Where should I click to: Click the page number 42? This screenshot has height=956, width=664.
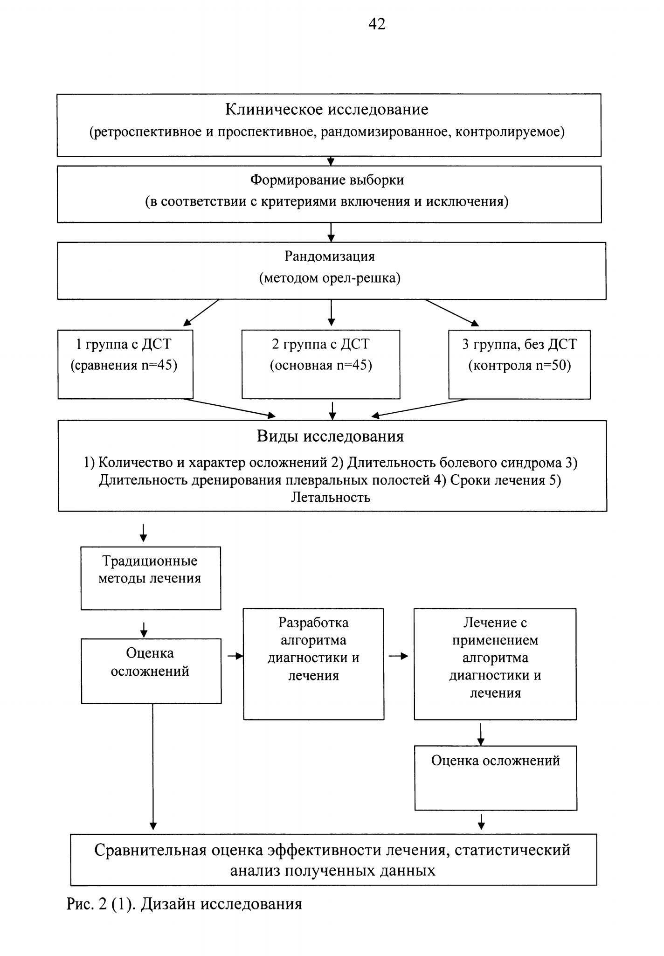[377, 24]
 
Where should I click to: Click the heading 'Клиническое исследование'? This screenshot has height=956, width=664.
[327, 110]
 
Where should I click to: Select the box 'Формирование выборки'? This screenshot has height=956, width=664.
[329, 194]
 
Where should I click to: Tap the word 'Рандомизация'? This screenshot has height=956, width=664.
[330, 256]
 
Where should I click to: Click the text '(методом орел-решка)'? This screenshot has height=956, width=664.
[330, 278]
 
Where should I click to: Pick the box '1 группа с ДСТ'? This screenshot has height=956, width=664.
[125, 364]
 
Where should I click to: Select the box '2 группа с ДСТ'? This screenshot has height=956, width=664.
[321, 364]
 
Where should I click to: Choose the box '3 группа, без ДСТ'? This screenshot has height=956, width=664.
[519, 364]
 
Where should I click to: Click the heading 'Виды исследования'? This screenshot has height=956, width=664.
[330, 436]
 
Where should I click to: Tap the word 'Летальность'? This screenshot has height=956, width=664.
[331, 497]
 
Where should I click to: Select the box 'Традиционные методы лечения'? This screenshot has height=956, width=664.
[151, 578]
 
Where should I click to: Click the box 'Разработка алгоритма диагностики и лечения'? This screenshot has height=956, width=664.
[314, 664]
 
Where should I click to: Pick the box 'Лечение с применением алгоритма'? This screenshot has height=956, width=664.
[495, 664]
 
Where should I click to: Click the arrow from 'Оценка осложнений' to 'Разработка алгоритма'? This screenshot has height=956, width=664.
[235, 656]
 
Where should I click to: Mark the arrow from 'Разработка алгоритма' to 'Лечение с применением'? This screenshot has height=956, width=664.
[399, 656]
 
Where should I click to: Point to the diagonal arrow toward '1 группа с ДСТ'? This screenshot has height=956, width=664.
[201, 312]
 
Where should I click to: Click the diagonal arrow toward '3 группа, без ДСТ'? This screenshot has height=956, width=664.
[452, 312]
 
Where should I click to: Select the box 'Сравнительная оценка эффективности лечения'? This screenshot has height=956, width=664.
[333, 859]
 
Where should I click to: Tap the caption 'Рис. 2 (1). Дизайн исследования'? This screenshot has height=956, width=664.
[185, 904]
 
